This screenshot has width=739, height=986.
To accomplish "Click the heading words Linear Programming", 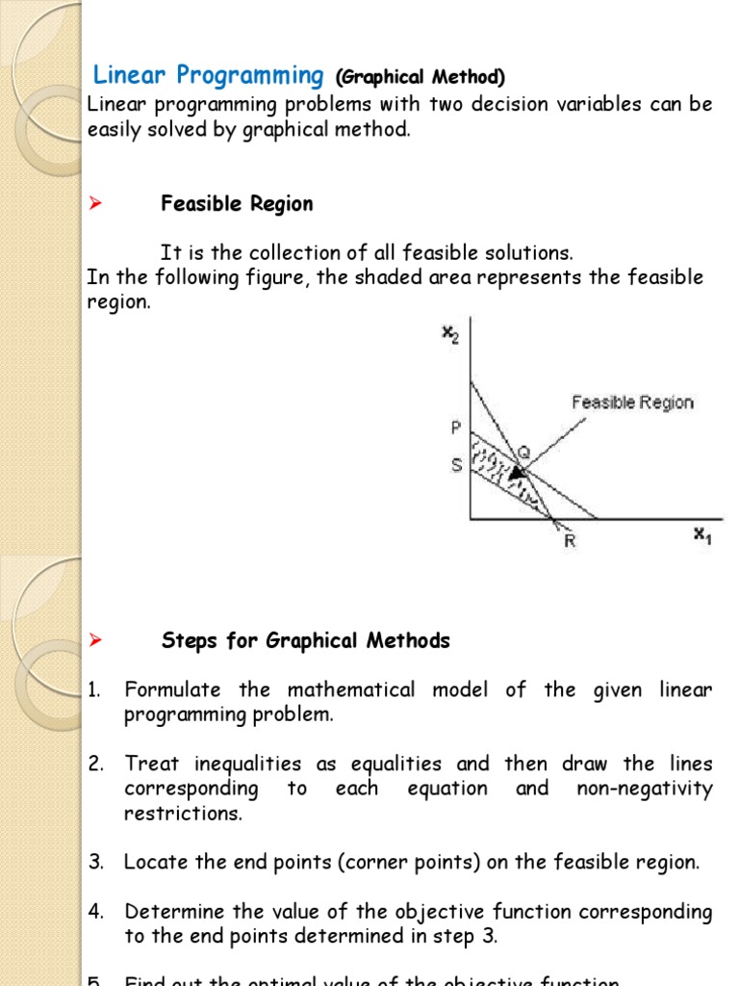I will (208, 75).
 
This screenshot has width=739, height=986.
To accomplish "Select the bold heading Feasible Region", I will (237, 204).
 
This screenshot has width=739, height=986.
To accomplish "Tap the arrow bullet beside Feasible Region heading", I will (95, 204).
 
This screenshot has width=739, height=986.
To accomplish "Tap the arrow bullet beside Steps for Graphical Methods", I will (95, 640).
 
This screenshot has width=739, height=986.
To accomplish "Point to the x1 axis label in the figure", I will (702, 536).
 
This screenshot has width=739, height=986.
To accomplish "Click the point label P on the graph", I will (457, 427).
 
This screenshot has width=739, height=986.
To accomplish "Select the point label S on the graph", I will (457, 465).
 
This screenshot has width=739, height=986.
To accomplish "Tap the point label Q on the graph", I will (524, 449).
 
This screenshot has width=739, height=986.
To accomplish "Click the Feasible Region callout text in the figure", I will (632, 402).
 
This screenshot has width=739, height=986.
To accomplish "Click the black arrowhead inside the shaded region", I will (519, 473).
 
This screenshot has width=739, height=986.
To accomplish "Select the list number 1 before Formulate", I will (94, 690).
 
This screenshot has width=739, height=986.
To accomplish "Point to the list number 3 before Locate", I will (95, 863).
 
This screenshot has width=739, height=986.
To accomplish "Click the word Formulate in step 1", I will (173, 690).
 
